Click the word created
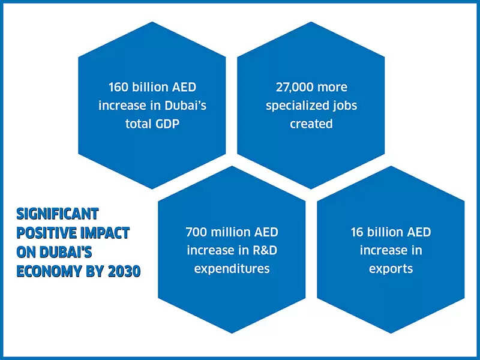311,124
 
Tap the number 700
197,232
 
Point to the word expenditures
232,268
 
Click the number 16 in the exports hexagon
357,232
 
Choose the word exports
391,268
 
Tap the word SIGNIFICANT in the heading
57,214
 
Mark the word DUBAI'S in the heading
66,252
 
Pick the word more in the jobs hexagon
332,87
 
